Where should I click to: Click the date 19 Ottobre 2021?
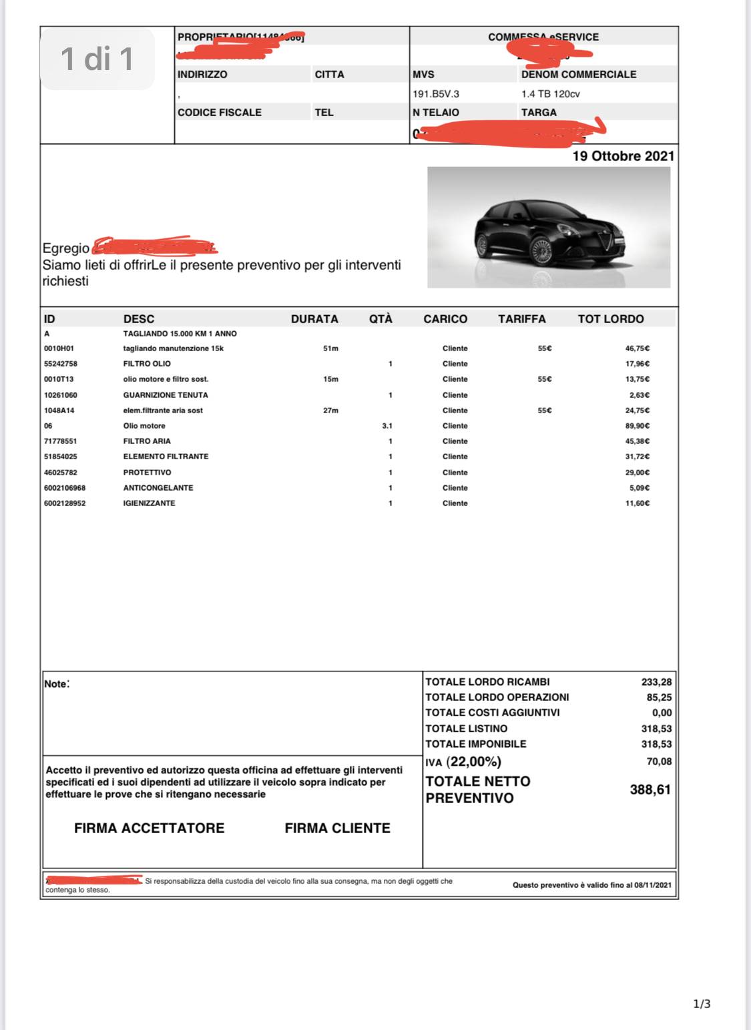(x=623, y=156)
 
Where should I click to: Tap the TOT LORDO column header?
(x=610, y=319)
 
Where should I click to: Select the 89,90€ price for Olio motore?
(x=637, y=426)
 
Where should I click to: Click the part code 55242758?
(x=61, y=364)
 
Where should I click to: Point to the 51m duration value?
(x=330, y=348)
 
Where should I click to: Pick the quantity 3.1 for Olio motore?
(x=387, y=426)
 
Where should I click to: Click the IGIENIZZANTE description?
(x=149, y=503)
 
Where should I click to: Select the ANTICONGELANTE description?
(x=158, y=488)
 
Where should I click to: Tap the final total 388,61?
(x=650, y=790)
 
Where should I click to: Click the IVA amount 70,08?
(x=659, y=762)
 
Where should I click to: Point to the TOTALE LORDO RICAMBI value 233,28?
(x=656, y=682)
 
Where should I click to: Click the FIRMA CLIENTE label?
(x=337, y=828)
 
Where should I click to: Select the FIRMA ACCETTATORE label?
(x=149, y=828)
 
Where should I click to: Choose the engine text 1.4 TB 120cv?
(x=550, y=94)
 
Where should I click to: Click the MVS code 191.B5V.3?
(x=436, y=94)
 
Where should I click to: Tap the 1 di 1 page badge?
(x=97, y=59)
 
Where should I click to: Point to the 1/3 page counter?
(x=702, y=1004)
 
